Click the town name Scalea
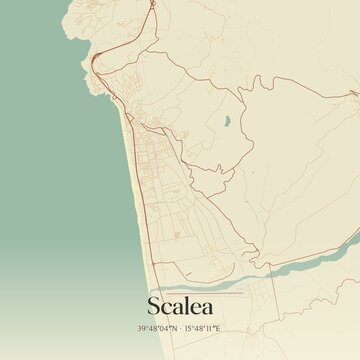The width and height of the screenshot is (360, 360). point(180,305)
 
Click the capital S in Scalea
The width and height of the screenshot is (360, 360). point(154,305)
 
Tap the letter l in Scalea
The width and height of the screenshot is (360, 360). point(182,304)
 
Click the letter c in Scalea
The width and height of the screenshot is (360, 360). point(166,307)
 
